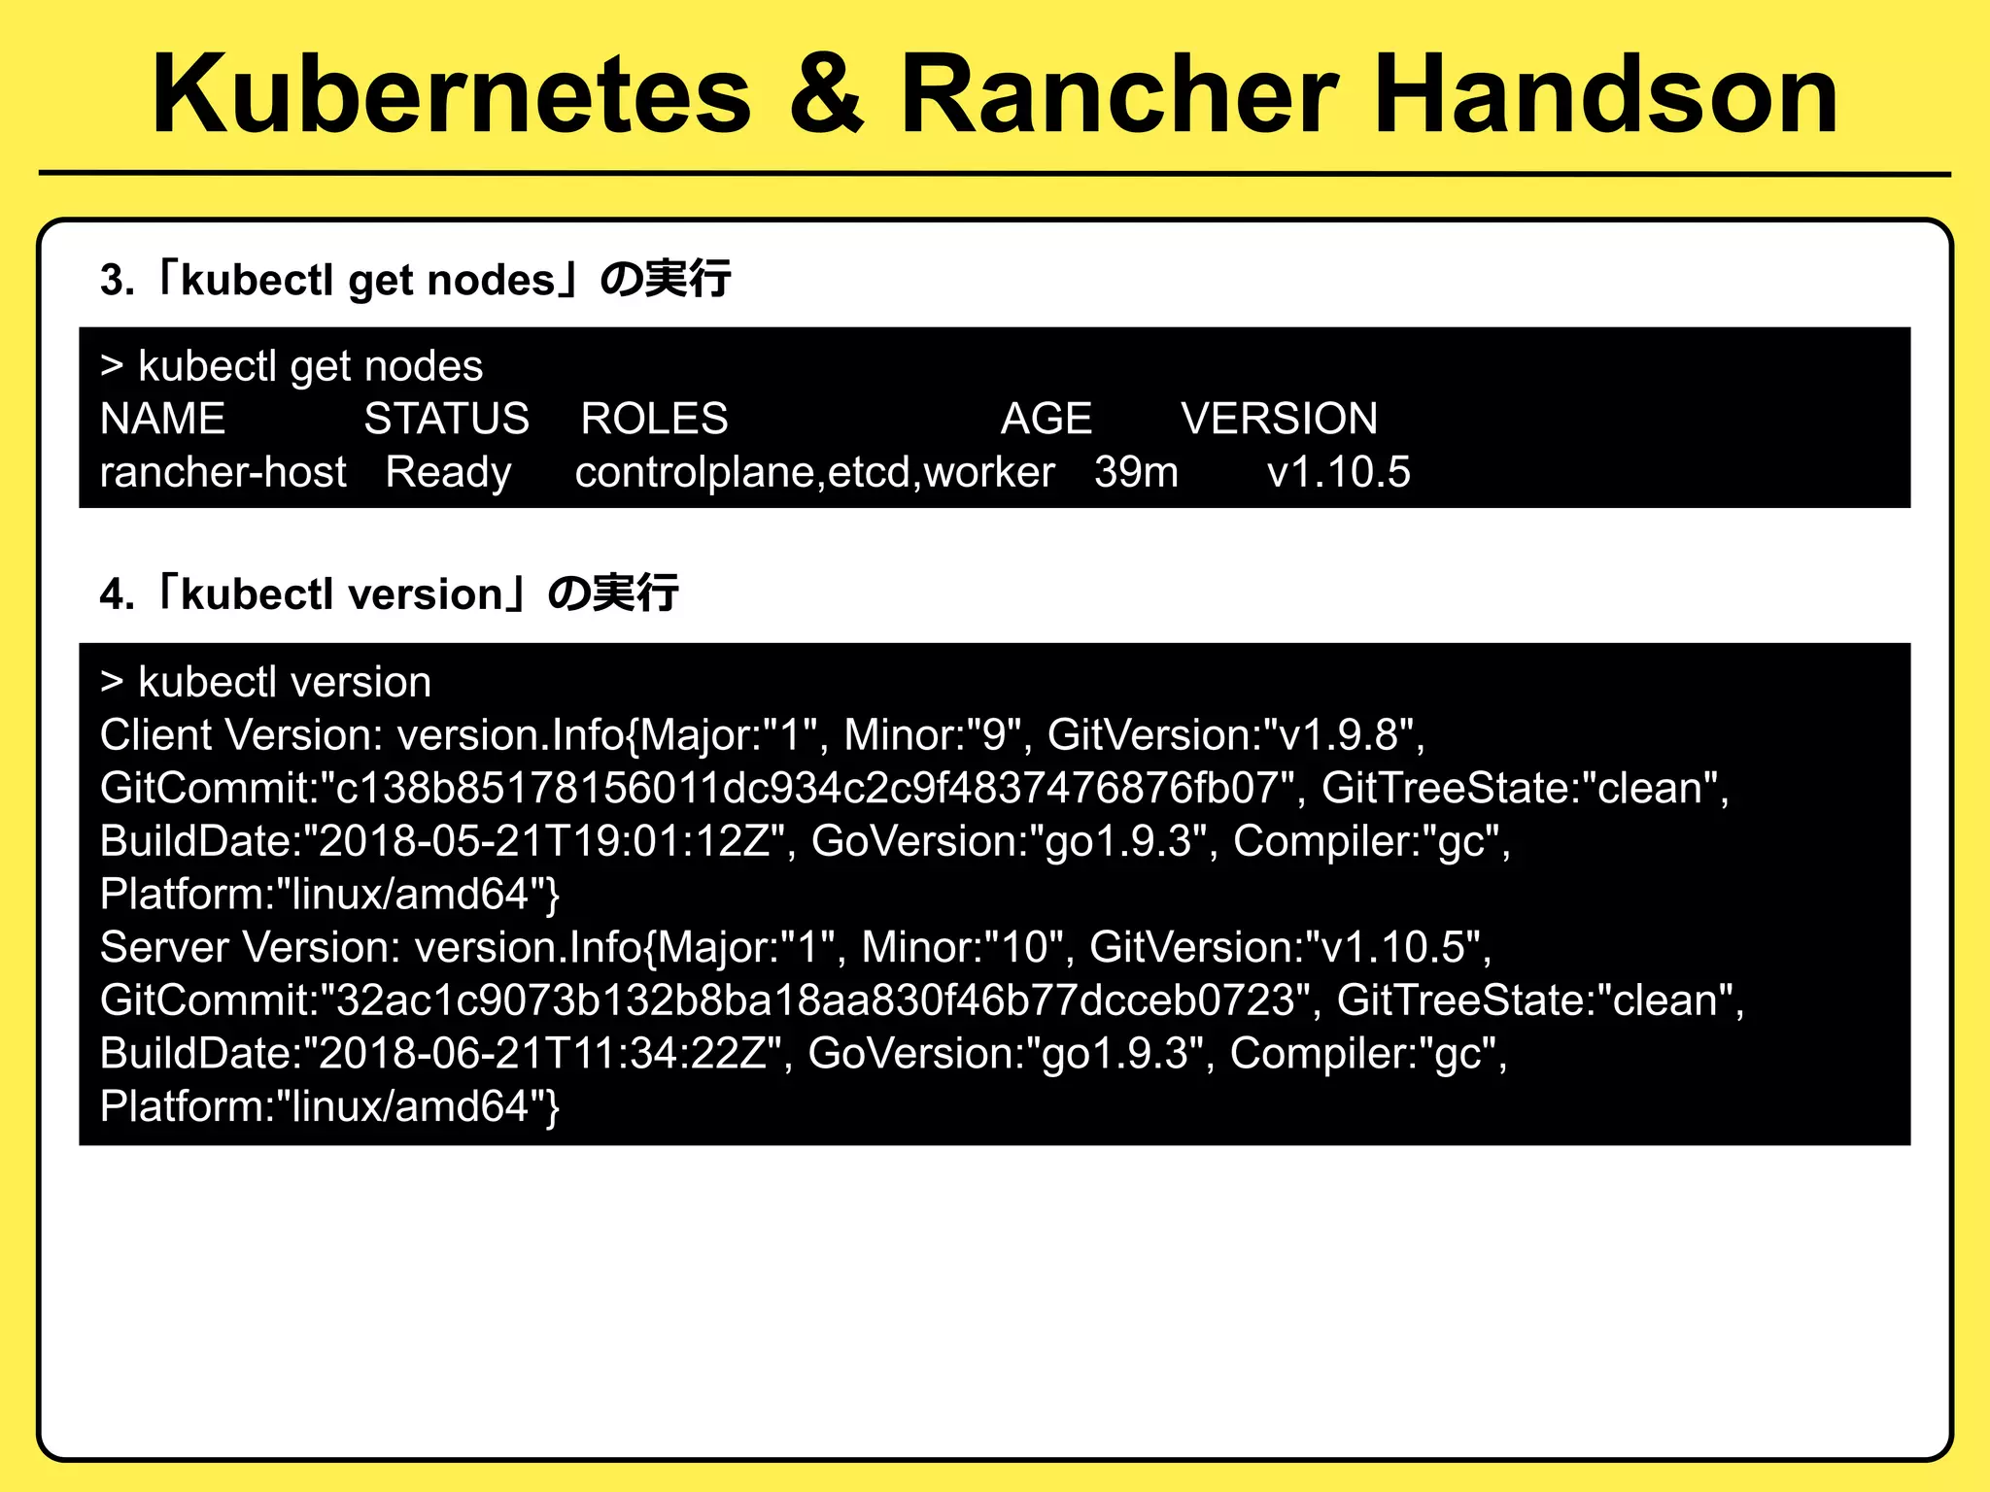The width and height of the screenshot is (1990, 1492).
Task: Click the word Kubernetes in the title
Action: (452, 94)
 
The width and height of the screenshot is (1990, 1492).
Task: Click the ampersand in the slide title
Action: (826, 94)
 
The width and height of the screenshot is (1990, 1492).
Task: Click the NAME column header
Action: (162, 419)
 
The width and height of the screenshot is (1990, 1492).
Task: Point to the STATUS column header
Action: (446, 419)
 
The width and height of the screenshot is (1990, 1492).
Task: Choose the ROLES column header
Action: (654, 419)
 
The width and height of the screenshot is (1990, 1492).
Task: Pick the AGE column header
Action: (1046, 419)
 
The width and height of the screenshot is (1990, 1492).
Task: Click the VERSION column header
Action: (1279, 419)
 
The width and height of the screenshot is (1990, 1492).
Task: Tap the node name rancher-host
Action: (223, 472)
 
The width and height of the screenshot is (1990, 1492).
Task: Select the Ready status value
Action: (448, 472)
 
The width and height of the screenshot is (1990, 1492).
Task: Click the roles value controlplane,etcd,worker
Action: (814, 472)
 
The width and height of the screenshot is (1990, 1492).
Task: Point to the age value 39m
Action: (1136, 472)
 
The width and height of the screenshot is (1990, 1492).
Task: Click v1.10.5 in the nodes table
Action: (1338, 472)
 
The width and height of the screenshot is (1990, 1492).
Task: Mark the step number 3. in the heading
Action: (117, 281)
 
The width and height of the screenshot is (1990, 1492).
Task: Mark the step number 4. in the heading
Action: (117, 594)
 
